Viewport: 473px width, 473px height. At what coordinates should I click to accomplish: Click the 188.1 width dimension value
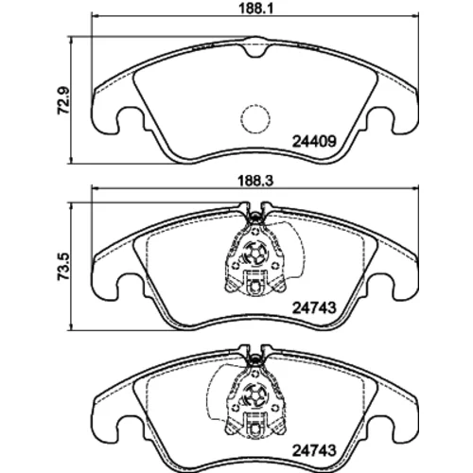255,8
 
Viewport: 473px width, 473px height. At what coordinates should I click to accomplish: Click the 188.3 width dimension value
255,181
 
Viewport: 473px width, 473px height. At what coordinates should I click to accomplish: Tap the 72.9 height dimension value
63,100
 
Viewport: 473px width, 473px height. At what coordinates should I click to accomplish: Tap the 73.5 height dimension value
63,267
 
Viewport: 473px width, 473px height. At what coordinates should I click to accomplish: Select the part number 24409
314,142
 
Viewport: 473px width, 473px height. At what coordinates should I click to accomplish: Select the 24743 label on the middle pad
314,307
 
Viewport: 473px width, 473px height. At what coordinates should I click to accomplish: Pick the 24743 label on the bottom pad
314,450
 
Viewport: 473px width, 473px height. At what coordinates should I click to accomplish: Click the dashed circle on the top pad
255,119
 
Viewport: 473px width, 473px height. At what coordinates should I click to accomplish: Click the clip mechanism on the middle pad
255,255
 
